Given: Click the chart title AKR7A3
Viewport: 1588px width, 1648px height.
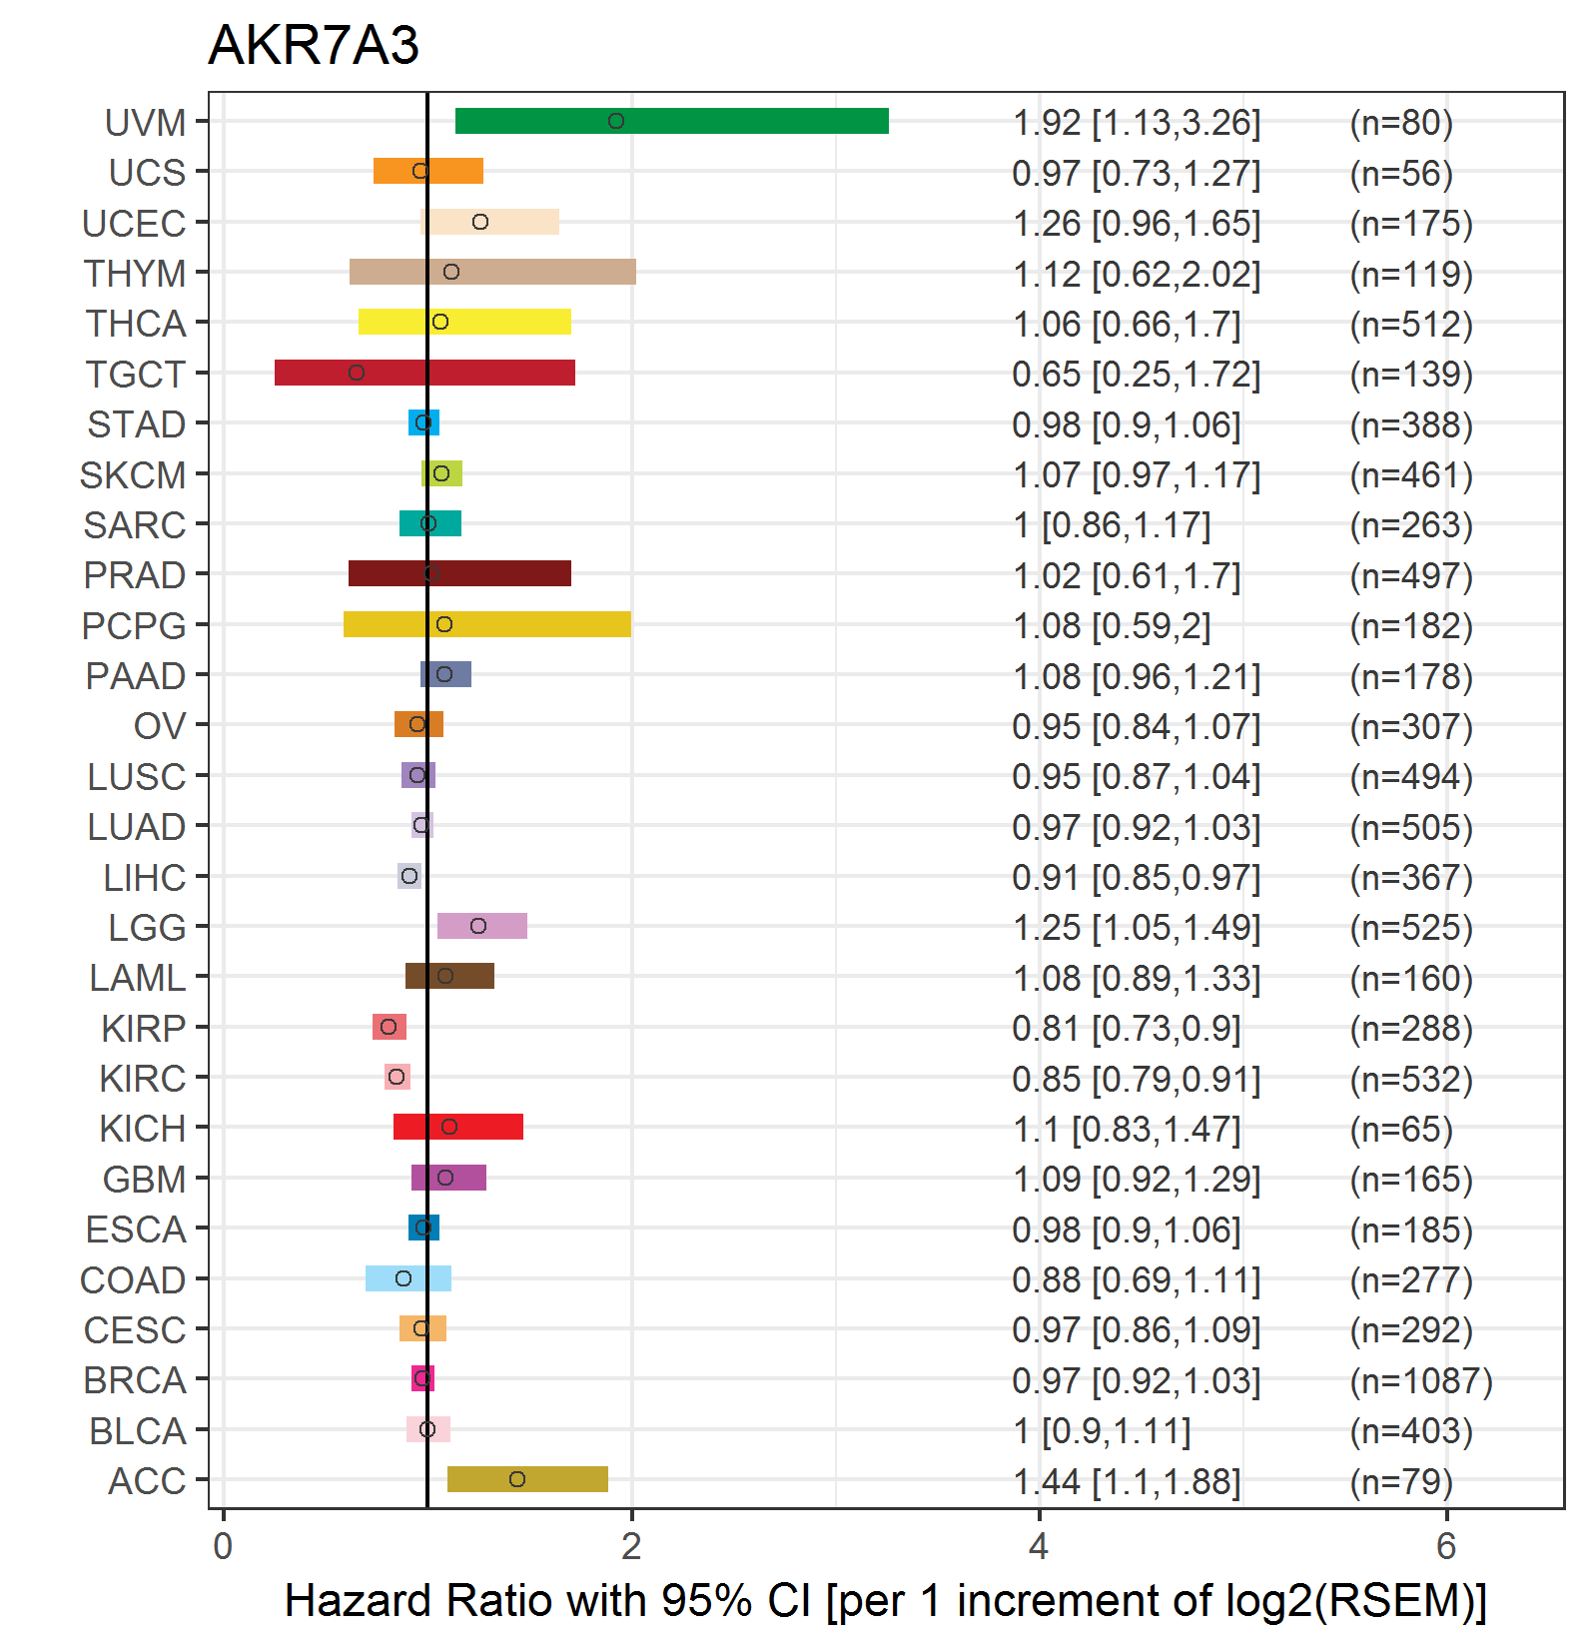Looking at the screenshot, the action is click(x=314, y=45).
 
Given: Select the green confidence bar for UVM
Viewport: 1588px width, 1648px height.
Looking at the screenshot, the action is click(x=672, y=121).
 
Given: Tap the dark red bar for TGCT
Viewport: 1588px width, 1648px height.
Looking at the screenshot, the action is click(x=424, y=373).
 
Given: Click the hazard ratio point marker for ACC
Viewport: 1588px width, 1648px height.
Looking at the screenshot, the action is click(x=517, y=1479).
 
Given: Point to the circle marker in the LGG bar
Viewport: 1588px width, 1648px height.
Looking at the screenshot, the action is click(x=478, y=926).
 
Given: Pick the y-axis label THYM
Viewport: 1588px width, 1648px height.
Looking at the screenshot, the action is click(x=135, y=274).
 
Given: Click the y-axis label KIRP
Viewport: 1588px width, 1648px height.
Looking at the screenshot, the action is click(x=144, y=1028).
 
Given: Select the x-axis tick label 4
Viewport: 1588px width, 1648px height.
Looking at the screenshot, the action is click(x=1039, y=1546).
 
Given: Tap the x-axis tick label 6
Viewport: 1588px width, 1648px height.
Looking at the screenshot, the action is click(x=1446, y=1546).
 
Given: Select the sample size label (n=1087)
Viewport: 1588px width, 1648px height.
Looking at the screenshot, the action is click(x=1421, y=1380).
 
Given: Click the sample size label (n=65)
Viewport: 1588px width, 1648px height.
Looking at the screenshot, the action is click(x=1401, y=1129).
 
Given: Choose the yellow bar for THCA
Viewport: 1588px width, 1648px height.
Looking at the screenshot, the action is click(x=464, y=322).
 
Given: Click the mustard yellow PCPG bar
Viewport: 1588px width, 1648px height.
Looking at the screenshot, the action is click(x=487, y=624).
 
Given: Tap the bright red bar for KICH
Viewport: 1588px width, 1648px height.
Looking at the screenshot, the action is click(x=458, y=1127).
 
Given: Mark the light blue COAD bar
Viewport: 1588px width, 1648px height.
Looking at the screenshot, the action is click(x=408, y=1278).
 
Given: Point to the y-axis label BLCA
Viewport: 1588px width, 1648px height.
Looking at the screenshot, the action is click(x=138, y=1431).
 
